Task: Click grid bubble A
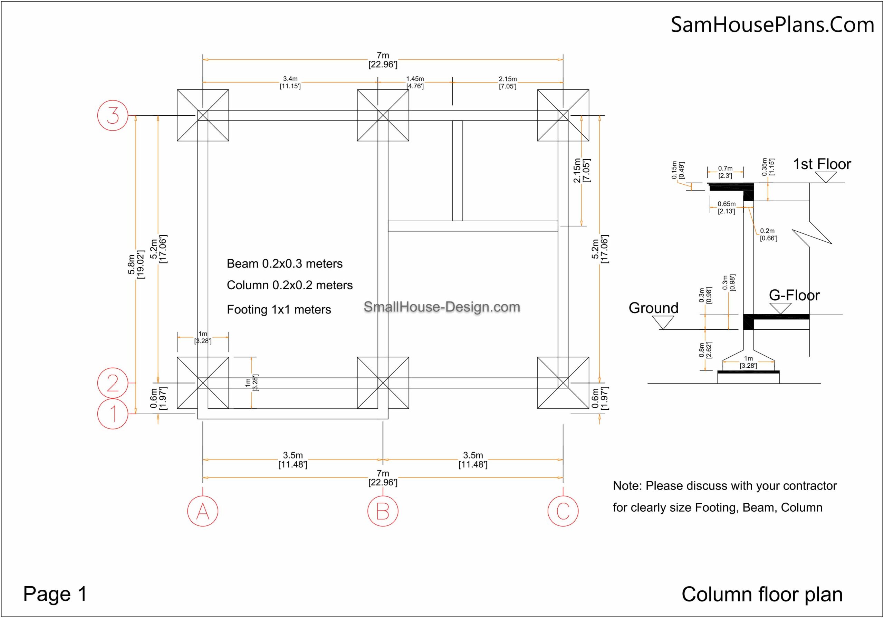tap(202, 511)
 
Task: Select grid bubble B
tap(383, 511)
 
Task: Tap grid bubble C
tap(563, 511)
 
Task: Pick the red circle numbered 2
tap(113, 383)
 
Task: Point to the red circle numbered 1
tap(113, 414)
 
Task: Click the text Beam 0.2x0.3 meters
tap(285, 264)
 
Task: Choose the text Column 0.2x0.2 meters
tap(289, 285)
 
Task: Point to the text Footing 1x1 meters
tap(279, 310)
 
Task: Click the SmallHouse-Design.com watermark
tap(442, 307)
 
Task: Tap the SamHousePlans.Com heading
tap(772, 25)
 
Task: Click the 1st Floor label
tap(821, 164)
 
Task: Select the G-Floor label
tap(794, 295)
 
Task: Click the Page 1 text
tap(55, 594)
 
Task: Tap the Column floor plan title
tap(762, 595)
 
